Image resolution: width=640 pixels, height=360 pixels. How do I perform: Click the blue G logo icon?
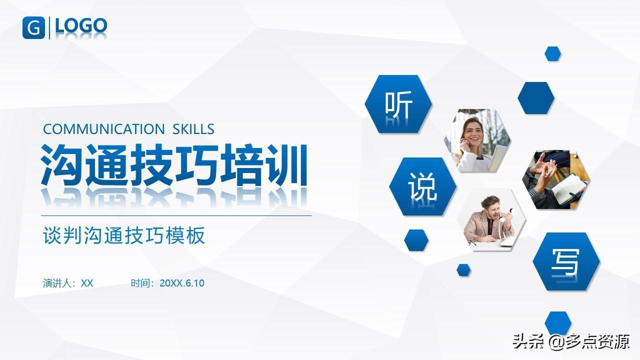pos(33,27)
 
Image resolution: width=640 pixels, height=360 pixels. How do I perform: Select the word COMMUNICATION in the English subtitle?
pos(103,129)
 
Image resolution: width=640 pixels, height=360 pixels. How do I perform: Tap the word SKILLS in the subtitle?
pos(193,129)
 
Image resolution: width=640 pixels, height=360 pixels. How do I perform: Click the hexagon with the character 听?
pos(398,104)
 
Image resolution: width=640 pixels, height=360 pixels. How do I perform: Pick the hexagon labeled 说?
pos(423,186)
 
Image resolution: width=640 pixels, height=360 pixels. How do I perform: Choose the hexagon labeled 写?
pos(566,261)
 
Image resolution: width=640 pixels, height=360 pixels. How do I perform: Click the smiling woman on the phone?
pos(477,140)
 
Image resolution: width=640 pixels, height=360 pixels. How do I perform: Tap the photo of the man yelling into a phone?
pos(491,219)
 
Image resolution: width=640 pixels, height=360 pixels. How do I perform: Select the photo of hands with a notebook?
pos(556,179)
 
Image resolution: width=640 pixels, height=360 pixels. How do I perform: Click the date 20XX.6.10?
pos(182,283)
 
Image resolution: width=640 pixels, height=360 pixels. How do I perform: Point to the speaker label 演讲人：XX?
pos(68,283)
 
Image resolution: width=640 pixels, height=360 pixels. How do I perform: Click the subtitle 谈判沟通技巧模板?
pos(124,235)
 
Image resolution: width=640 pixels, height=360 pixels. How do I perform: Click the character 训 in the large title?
pos(286,165)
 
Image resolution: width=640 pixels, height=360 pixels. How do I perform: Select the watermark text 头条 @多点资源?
pos(571,341)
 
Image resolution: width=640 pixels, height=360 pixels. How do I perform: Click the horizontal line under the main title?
pos(176,216)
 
